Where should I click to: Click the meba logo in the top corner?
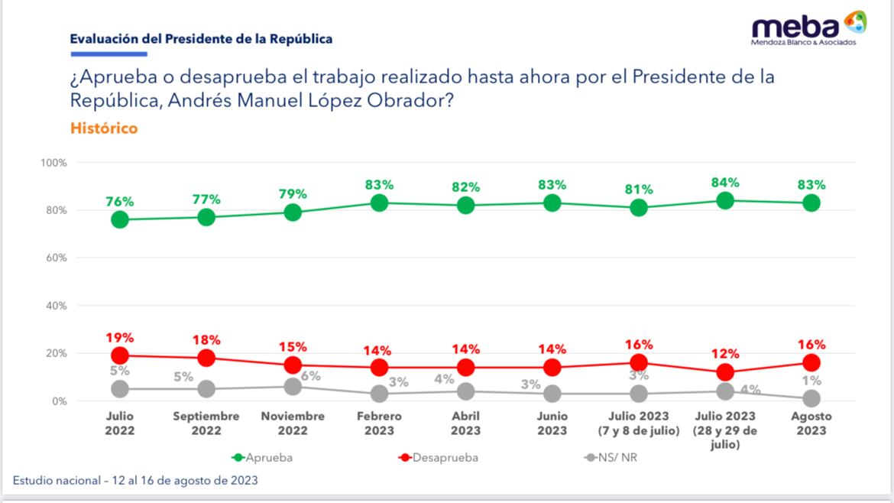click(x=808, y=28)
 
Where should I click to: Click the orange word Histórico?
click(x=104, y=128)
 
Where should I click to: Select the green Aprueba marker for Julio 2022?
click(x=119, y=219)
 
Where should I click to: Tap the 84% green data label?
click(x=724, y=183)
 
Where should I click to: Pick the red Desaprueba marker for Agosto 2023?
click(x=811, y=362)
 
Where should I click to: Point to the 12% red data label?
click(x=724, y=354)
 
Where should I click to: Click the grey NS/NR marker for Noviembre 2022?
click(x=293, y=387)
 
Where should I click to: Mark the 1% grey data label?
click(x=811, y=381)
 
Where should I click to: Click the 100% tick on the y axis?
click(x=54, y=163)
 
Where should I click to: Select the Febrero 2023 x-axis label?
click(x=379, y=423)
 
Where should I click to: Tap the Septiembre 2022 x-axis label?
click(x=206, y=423)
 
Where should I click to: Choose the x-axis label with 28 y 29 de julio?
click(x=724, y=430)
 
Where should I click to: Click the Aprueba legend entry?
click(x=262, y=458)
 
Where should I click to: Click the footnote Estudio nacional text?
click(x=135, y=481)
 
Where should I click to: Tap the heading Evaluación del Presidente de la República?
click(x=201, y=39)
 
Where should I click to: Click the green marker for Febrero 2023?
click(x=379, y=203)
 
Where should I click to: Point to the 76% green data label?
click(x=119, y=202)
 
